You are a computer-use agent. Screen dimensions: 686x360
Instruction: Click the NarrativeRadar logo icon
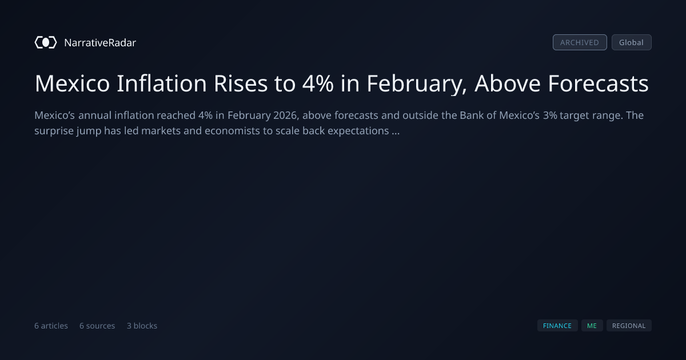click(46, 42)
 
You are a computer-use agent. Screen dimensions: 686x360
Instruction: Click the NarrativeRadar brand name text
click(100, 42)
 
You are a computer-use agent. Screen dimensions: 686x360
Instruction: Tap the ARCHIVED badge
click(580, 42)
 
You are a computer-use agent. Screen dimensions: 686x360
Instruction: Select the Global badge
click(632, 42)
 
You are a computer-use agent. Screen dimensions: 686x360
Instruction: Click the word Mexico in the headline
click(72, 83)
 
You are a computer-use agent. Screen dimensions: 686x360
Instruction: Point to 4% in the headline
click(318, 83)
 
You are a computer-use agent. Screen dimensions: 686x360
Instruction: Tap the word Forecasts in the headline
click(598, 83)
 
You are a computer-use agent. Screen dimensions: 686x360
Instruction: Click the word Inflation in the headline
click(162, 83)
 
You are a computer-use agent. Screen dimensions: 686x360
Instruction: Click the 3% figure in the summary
click(550, 115)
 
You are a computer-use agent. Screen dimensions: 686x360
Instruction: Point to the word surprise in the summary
click(54, 131)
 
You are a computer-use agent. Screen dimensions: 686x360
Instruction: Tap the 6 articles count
click(51, 326)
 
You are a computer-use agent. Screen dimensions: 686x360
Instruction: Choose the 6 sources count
click(97, 326)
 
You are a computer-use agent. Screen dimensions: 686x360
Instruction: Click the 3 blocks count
click(142, 326)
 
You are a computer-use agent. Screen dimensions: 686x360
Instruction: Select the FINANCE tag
click(557, 326)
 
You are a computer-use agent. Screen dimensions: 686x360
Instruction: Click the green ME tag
click(592, 326)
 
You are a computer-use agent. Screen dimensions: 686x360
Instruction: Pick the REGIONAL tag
click(629, 326)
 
